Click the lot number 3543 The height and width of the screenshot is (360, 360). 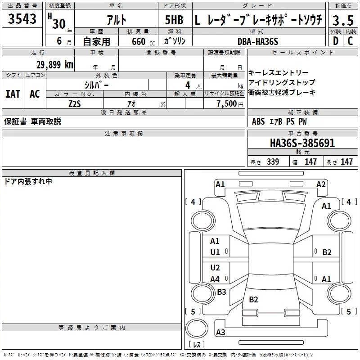[22, 19]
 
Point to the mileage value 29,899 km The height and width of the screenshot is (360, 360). [54, 64]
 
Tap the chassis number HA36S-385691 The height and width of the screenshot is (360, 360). [302, 143]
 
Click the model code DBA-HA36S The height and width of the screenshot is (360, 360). [258, 41]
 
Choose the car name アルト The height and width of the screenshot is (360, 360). [116, 20]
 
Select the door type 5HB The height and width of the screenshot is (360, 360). [174, 20]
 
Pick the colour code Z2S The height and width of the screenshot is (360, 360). [75, 103]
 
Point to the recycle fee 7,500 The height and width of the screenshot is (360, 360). [226, 103]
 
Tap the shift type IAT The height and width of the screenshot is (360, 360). [13, 94]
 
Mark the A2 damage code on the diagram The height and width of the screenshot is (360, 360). [321, 184]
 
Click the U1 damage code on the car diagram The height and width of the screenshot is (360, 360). [215, 252]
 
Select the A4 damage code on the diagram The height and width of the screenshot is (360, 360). [215, 279]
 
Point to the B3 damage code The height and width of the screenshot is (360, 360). [221, 292]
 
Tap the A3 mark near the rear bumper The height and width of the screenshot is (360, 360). [220, 333]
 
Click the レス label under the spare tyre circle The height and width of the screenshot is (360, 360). [196, 344]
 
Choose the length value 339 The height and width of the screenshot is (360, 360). [273, 162]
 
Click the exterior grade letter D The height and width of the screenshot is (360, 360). [335, 41]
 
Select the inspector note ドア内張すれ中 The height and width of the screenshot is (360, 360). [28, 181]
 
